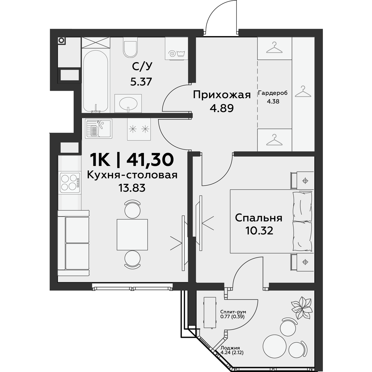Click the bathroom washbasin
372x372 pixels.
[128, 103]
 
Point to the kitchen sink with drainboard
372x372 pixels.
[99, 128]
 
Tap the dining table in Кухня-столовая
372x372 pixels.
[132, 235]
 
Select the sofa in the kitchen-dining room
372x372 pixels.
[74, 243]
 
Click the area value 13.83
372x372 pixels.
[132, 188]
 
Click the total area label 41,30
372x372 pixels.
[150, 160]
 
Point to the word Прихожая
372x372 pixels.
[222, 95]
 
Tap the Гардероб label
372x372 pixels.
[273, 93]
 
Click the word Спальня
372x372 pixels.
[259, 218]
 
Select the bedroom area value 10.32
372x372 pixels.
[259, 230]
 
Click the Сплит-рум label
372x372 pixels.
[233, 312]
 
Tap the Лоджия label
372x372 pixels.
[230, 348]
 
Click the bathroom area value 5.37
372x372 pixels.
[141, 82]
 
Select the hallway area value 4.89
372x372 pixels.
[222, 108]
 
